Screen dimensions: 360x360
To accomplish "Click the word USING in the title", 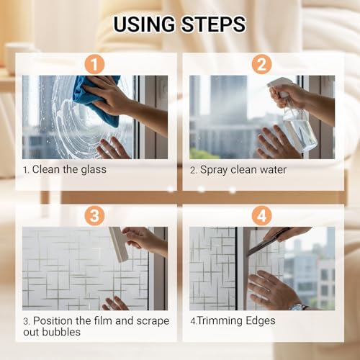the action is [145, 24].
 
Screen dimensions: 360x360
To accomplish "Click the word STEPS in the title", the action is [213, 24].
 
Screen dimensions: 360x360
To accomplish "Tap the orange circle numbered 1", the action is [94, 64].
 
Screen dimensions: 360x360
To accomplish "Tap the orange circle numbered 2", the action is [261, 64].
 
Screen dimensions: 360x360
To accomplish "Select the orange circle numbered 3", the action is [94, 215].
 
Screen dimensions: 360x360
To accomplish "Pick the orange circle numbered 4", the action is [261, 215].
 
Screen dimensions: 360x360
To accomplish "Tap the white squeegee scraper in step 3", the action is [119, 244].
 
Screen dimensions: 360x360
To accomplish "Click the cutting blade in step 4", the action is [269, 243].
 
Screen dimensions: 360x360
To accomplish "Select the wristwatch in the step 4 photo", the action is [298, 307].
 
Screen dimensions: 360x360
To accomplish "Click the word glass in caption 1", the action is [94, 170].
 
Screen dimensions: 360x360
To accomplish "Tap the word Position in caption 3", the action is [53, 321].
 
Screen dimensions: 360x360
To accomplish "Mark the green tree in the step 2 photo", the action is [204, 153].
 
